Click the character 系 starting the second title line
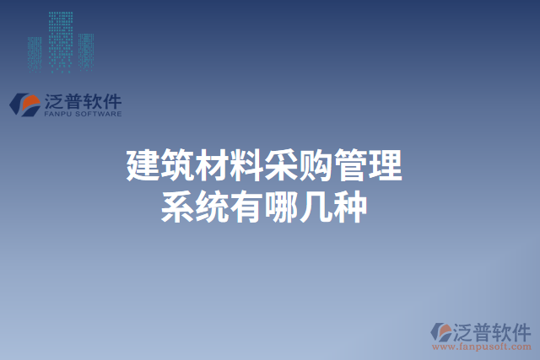click(177, 207)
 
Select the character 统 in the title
click(212, 207)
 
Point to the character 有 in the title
click(246, 207)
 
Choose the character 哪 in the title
click(281, 207)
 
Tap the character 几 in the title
click(316, 207)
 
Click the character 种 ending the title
click(350, 207)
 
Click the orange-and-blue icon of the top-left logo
click(24, 103)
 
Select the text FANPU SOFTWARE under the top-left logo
click(82, 113)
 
